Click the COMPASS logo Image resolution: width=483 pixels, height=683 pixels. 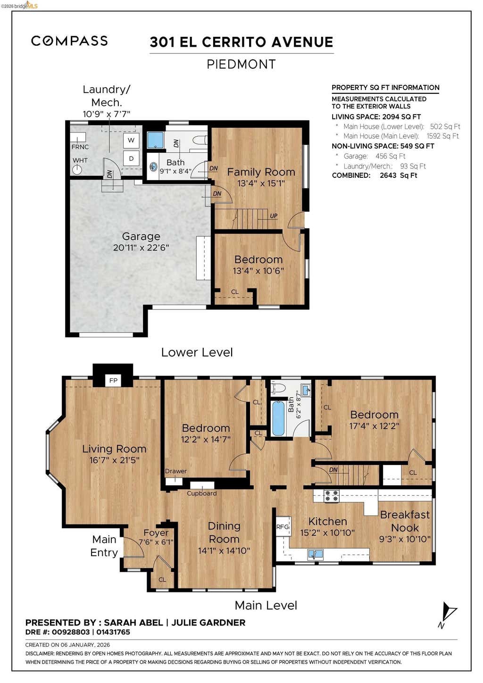click(x=69, y=41)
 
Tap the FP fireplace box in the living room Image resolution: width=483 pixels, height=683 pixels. click(x=113, y=381)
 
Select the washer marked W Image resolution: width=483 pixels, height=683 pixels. click(x=131, y=140)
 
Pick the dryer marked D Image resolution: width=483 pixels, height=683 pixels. click(x=131, y=158)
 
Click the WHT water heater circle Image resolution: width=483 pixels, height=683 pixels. click(x=77, y=169)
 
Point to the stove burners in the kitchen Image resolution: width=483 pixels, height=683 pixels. click(x=331, y=495)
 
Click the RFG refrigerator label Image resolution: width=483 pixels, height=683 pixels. click(x=283, y=527)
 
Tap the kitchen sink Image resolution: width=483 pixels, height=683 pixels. click(x=315, y=554)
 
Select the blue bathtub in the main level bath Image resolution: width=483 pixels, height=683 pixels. click(x=278, y=418)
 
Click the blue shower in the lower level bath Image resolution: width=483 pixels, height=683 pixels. click(x=156, y=140)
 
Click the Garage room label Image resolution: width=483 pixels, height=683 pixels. click(x=141, y=236)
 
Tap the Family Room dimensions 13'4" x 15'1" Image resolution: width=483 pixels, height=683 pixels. click(x=261, y=183)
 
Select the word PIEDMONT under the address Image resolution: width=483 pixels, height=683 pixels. click(x=241, y=64)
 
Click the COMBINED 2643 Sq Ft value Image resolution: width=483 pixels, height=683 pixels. click(x=398, y=175)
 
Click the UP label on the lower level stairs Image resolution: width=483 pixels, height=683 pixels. click(x=274, y=216)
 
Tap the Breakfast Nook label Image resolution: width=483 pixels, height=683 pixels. click(x=405, y=521)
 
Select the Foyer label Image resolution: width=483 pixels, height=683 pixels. click(x=156, y=533)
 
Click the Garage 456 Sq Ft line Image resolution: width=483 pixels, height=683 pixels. click(x=375, y=156)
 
